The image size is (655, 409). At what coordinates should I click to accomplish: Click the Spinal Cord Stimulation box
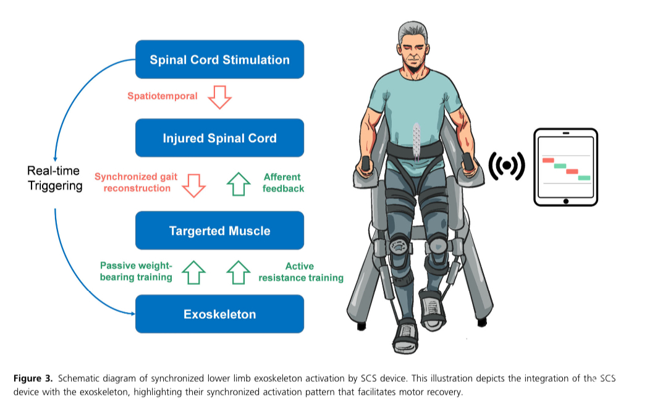click(220, 59)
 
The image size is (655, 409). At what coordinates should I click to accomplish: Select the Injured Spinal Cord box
click(220, 138)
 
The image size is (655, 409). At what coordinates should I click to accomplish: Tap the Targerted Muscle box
click(220, 230)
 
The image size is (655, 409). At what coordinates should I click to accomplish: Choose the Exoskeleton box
click(220, 314)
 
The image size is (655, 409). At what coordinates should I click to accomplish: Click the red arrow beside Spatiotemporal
click(220, 98)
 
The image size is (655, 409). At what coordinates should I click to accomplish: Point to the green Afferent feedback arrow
click(239, 184)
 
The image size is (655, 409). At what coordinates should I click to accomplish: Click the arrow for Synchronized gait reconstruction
click(194, 185)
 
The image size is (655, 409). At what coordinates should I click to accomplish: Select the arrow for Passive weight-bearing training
click(194, 272)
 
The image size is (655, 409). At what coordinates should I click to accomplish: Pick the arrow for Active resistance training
click(239, 272)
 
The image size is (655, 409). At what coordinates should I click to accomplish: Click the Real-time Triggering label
click(55, 178)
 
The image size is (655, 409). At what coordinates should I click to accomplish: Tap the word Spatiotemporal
click(162, 96)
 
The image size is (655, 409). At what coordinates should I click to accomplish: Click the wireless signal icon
click(507, 166)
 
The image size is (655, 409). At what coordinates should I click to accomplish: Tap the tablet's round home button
click(566, 201)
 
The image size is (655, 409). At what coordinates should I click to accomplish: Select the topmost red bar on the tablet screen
click(548, 161)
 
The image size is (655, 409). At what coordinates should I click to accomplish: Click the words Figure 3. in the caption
click(33, 379)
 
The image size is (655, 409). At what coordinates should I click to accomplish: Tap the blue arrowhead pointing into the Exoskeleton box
click(133, 313)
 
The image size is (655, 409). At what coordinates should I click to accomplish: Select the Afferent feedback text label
click(283, 183)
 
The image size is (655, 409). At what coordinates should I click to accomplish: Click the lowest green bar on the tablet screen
click(584, 178)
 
